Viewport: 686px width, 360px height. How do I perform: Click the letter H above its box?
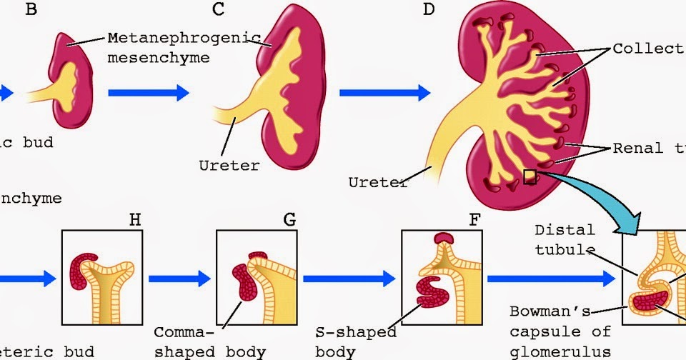click(x=134, y=219)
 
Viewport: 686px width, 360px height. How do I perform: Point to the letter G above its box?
click(x=289, y=219)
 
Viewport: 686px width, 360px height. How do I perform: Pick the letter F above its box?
click(x=473, y=219)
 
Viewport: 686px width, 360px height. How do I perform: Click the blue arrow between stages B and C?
click(x=148, y=92)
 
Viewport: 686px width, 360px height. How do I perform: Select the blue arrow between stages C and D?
click(x=384, y=92)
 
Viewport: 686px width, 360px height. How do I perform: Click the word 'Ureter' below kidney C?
click(x=229, y=166)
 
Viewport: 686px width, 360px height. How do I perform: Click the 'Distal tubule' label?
click(x=565, y=239)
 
